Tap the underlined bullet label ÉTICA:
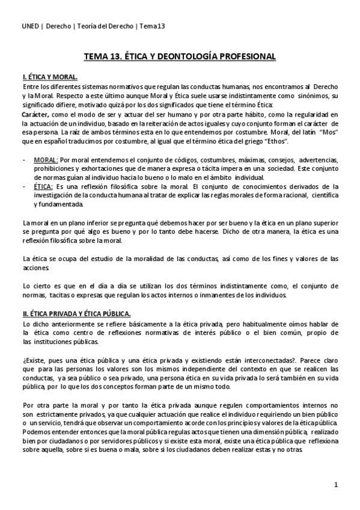coord(46,186)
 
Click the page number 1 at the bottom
coord(337,484)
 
